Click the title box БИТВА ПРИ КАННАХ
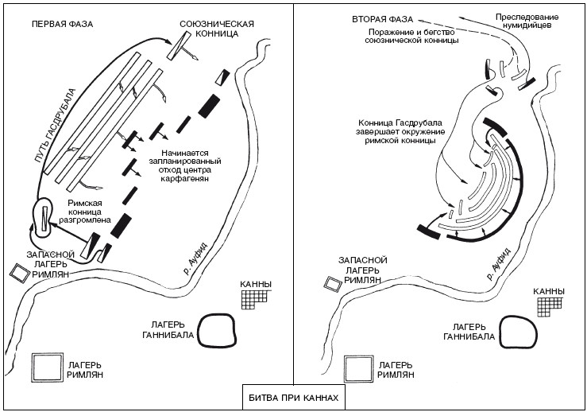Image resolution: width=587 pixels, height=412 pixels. point(294,397)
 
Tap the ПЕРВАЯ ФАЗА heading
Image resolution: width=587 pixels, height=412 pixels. point(62,24)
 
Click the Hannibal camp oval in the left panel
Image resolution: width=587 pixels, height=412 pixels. point(217,329)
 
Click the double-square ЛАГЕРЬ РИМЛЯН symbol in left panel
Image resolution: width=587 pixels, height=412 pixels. point(48,367)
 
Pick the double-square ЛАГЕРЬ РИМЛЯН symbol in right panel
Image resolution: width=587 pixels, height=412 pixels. point(357,369)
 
